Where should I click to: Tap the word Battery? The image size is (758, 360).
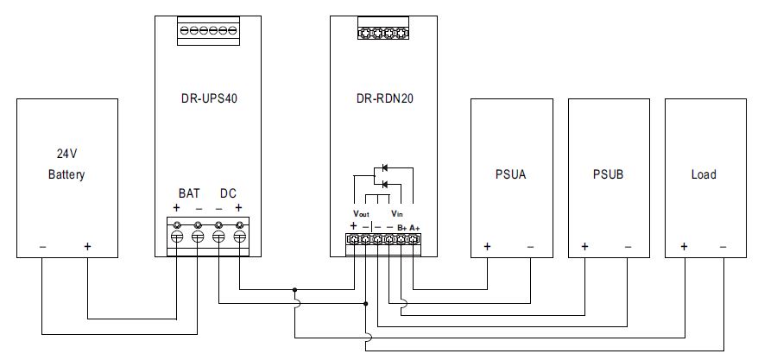pyautogui.click(x=66, y=174)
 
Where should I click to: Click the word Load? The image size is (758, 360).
pyautogui.click(x=704, y=174)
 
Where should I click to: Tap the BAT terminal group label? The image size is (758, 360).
pyautogui.click(x=189, y=193)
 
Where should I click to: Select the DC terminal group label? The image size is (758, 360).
pyautogui.click(x=228, y=193)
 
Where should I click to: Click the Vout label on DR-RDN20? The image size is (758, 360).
pyautogui.click(x=361, y=213)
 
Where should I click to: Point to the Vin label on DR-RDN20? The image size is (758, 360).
pyautogui.click(x=396, y=213)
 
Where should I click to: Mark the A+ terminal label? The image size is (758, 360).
pyautogui.click(x=414, y=226)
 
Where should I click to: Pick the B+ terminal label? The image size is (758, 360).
pyautogui.click(x=401, y=226)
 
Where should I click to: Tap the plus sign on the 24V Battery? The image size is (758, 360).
pyautogui.click(x=87, y=246)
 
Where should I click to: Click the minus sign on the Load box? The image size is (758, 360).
pyautogui.click(x=722, y=246)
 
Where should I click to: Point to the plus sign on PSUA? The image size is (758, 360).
pyautogui.click(x=487, y=246)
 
